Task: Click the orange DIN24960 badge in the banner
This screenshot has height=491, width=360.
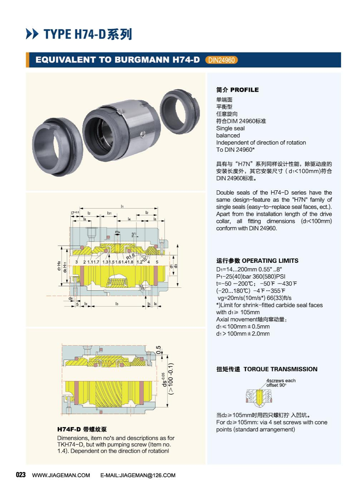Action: coord(221,60)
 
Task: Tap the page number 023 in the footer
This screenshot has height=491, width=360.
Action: coord(21,475)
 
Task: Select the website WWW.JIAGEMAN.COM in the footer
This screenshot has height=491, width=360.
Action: coord(61,475)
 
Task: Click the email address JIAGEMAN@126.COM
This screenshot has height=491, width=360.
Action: coord(147,475)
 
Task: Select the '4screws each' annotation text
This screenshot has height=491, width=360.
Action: coord(281,381)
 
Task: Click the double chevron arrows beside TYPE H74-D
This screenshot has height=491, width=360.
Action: coord(32,34)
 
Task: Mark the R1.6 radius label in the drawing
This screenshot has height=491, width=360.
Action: coord(131,256)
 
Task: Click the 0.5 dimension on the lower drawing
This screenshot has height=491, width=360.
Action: coord(159,350)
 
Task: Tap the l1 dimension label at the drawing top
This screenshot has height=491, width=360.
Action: coord(122,206)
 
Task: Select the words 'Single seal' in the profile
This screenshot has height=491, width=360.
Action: coord(230,128)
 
